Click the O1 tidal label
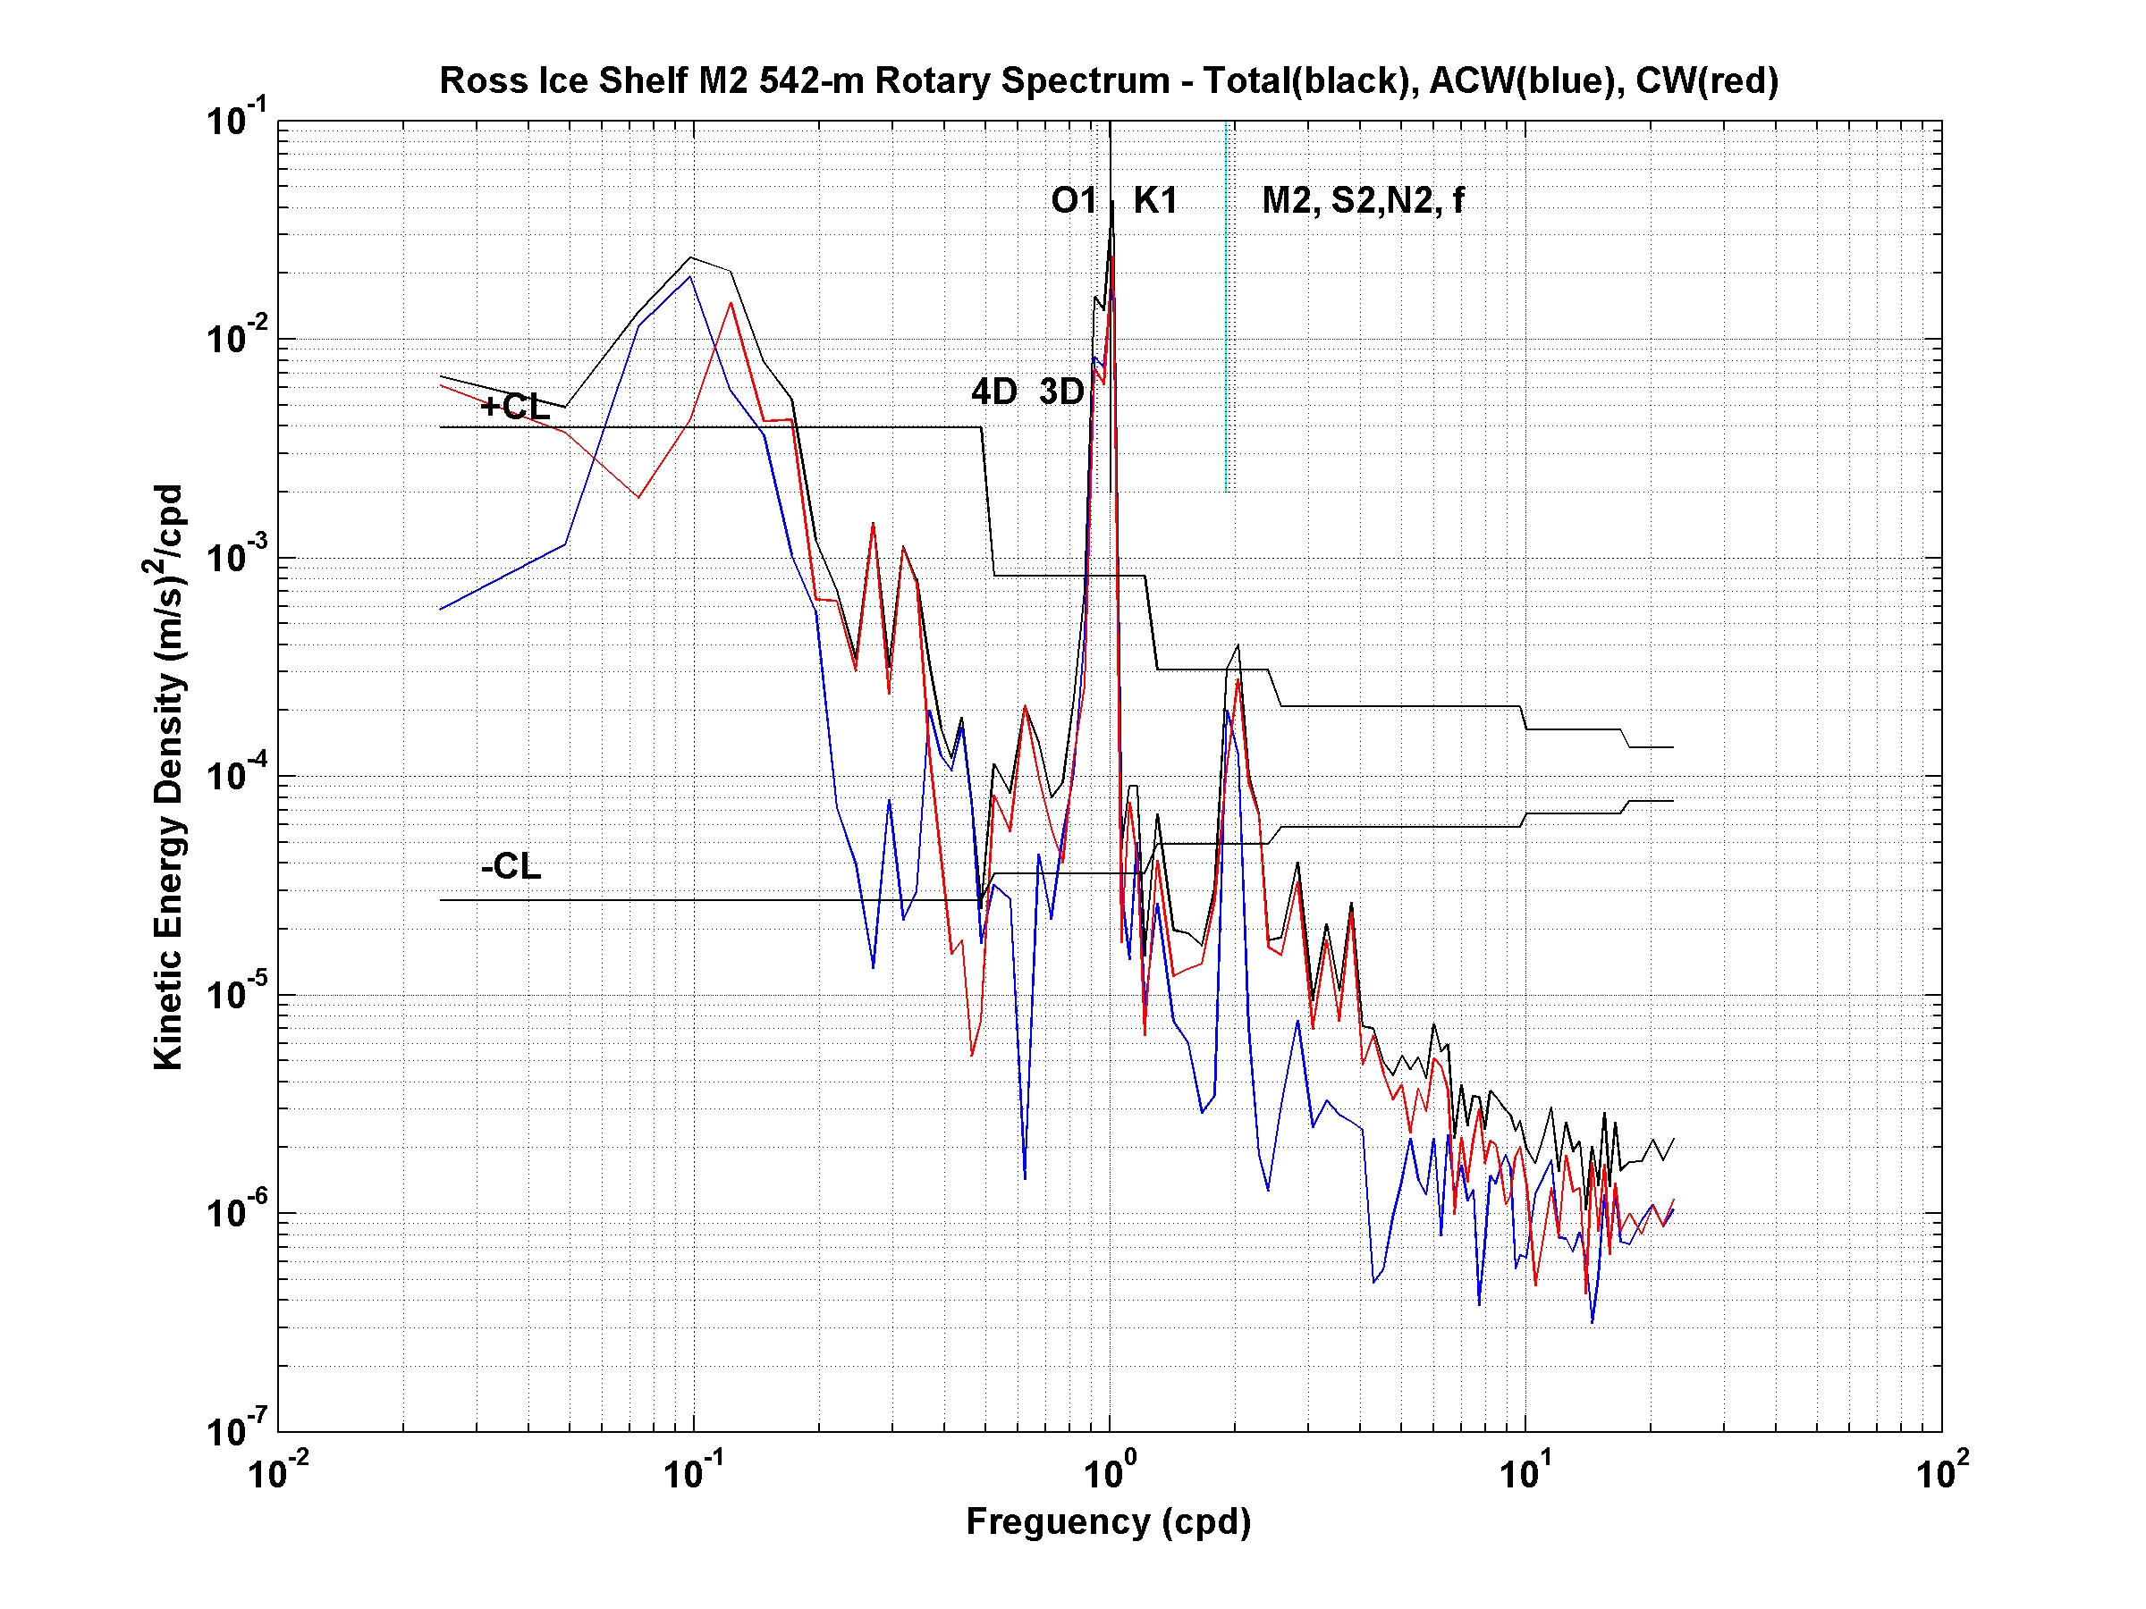tap(1073, 201)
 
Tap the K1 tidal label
tap(1155, 201)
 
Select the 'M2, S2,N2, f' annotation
tap(1362, 201)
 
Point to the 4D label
tap(993, 392)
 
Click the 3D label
tap(1061, 392)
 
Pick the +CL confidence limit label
tap(514, 407)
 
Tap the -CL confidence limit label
tap(511, 866)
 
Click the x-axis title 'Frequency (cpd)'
tap(1108, 1521)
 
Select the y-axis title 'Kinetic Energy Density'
tap(168, 776)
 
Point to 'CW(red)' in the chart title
tap(1706, 80)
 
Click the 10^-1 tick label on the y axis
tap(236, 121)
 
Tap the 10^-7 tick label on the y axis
tap(236, 1430)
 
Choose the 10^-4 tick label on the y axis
tap(236, 775)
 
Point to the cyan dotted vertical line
tap(1226, 310)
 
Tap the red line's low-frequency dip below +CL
tap(638, 498)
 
